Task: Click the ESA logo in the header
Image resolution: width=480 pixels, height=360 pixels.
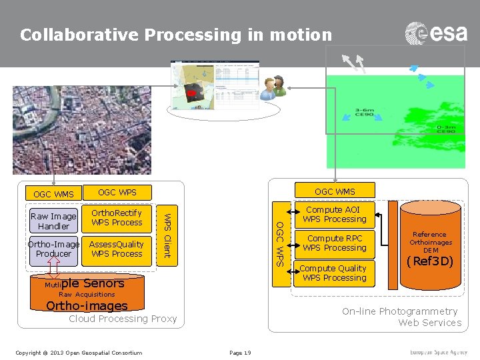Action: (436, 33)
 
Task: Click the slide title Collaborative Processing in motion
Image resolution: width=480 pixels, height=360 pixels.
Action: (175, 35)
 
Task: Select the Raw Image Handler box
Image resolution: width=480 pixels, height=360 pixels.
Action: (54, 221)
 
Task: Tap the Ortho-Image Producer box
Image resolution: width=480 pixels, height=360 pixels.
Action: (54, 249)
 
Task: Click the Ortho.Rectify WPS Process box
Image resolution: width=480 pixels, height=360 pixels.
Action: (117, 218)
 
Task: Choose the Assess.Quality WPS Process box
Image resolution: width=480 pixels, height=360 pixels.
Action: (117, 249)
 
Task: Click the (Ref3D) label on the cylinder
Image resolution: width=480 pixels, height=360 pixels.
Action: (430, 261)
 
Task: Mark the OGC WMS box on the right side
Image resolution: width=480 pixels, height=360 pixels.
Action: (335, 191)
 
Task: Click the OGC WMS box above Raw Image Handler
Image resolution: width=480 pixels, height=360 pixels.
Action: (54, 195)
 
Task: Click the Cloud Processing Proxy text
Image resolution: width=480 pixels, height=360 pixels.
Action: (123, 319)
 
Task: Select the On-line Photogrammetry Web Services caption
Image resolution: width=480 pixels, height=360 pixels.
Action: (401, 317)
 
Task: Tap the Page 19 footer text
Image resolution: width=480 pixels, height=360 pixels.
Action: (239, 353)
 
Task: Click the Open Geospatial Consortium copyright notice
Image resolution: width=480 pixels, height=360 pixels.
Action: (79, 353)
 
